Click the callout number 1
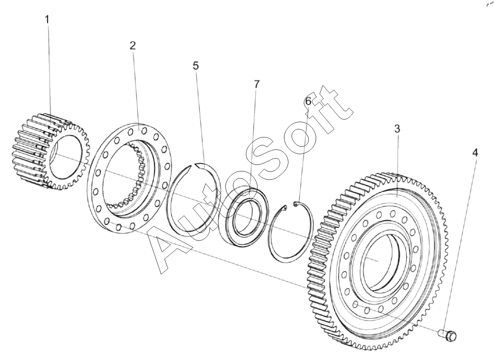(47, 20)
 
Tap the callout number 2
(133, 46)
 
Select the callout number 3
(397, 129)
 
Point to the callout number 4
(474, 152)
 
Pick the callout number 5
(195, 66)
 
